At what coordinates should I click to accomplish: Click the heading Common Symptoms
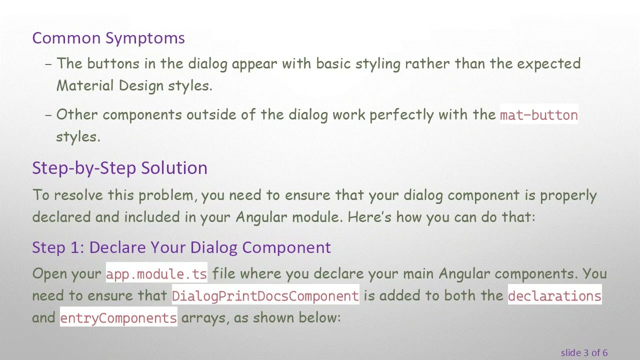[108, 38]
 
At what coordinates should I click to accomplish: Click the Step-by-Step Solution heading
[119, 168]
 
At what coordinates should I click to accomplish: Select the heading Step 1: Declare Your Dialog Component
[181, 247]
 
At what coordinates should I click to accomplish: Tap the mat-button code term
[538, 115]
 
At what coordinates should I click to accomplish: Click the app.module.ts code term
[156, 274]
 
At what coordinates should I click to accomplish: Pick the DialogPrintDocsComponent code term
[265, 296]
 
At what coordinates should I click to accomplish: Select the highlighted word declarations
[554, 296]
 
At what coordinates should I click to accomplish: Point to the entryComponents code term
[118, 318]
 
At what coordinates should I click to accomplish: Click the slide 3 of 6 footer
[584, 353]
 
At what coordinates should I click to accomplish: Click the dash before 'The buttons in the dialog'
[48, 64]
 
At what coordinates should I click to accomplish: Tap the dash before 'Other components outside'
[48, 115]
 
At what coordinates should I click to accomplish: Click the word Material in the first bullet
[85, 85]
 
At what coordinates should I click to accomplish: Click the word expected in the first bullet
[548, 64]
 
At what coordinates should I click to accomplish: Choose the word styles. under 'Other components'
[78, 137]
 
